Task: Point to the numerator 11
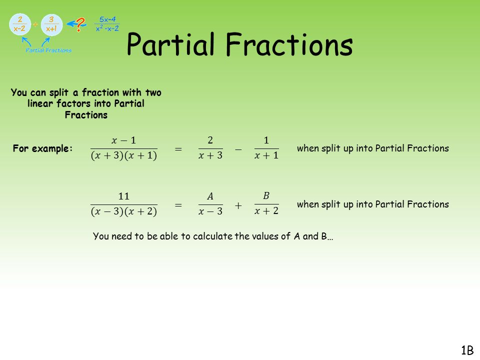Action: coord(123,195)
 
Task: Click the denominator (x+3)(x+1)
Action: coord(123,156)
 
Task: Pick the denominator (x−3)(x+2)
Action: coord(123,212)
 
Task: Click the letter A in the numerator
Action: coord(210,196)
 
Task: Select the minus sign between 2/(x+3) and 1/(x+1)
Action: coord(238,149)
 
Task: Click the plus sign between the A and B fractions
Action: coord(238,205)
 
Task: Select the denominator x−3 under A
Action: coord(210,212)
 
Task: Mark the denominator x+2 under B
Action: coord(266,211)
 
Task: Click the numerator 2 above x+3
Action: coord(210,140)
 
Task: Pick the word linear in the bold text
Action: coord(41,103)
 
